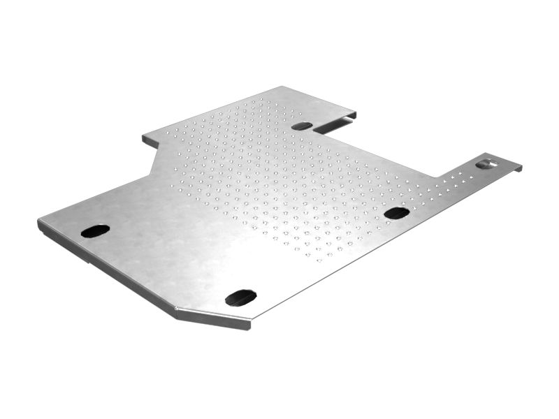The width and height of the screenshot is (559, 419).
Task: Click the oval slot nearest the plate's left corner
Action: tap(95, 230)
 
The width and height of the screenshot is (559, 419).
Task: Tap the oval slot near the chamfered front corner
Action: tap(240, 297)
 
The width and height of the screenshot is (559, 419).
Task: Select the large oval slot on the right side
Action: tap(396, 213)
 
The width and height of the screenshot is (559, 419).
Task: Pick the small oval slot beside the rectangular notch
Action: tap(302, 126)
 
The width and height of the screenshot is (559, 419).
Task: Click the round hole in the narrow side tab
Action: tap(486, 164)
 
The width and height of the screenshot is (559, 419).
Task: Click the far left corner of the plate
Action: tap(39, 223)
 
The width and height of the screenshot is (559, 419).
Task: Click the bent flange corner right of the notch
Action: tap(354, 115)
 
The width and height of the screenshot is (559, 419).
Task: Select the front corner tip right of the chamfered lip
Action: tap(249, 323)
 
